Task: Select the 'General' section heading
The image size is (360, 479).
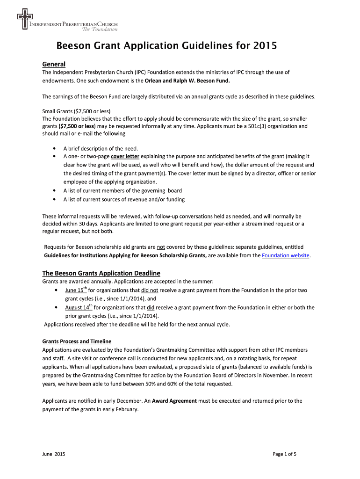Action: coord(54,64)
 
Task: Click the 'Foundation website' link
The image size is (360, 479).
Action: coord(286,255)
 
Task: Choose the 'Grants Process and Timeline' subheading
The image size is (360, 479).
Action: coord(77,341)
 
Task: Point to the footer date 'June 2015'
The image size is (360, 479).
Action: coord(54,454)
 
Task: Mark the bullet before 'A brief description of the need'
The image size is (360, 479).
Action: coord(56,148)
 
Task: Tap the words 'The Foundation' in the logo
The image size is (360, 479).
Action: coord(100,29)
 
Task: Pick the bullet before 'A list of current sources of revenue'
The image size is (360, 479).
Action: coord(56,199)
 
